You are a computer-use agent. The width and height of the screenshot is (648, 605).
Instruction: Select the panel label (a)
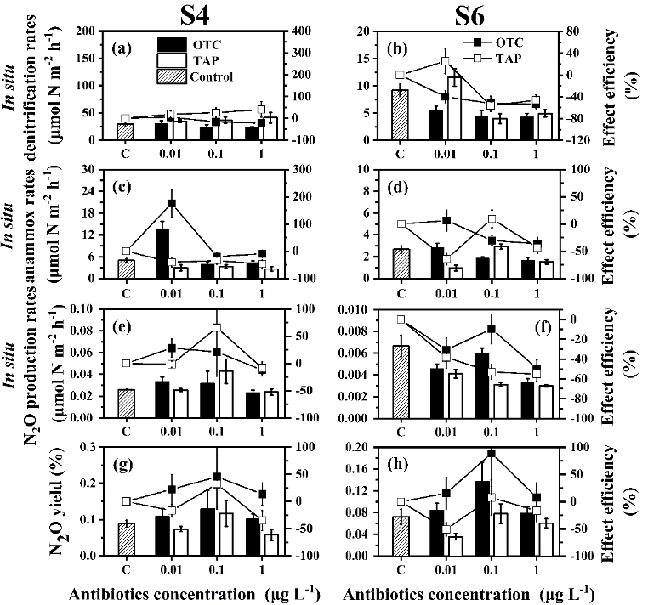[x=122, y=47]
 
